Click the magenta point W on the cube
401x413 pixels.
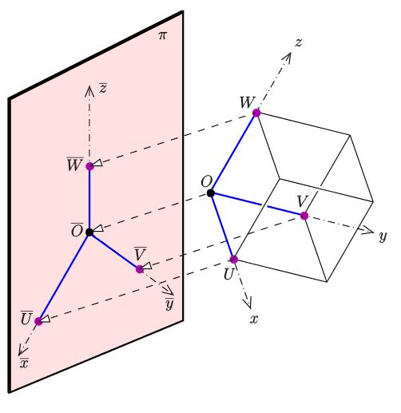pyautogui.click(x=256, y=113)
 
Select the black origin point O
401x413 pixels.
pyautogui.click(x=211, y=193)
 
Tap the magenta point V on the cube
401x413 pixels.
pyautogui.click(x=304, y=216)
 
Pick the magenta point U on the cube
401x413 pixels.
pyautogui.click(x=234, y=259)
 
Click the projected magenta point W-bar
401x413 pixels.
pyautogui.click(x=89, y=166)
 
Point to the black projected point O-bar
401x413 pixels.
pyautogui.click(x=89, y=232)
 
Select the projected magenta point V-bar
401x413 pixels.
pyautogui.click(x=140, y=269)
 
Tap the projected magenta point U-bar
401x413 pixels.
pyautogui.click(x=38, y=321)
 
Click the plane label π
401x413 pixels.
pyautogui.click(x=162, y=35)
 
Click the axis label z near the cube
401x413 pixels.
pyautogui.click(x=299, y=42)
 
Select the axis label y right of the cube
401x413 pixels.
pyautogui.click(x=383, y=236)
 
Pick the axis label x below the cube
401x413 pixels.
pyautogui.click(x=254, y=319)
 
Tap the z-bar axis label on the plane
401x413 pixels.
pyautogui.click(x=103, y=88)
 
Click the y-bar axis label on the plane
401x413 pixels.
pyautogui.click(x=169, y=304)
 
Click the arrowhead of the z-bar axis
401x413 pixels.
pyautogui.click(x=89, y=91)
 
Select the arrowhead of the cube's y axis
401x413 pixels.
pyautogui.click(x=368, y=231)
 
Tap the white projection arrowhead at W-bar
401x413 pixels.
pyautogui.click(x=97, y=163)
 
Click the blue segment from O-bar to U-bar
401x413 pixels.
pyautogui.click(x=64, y=277)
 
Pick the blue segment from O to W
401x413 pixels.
pyautogui.click(x=233, y=153)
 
